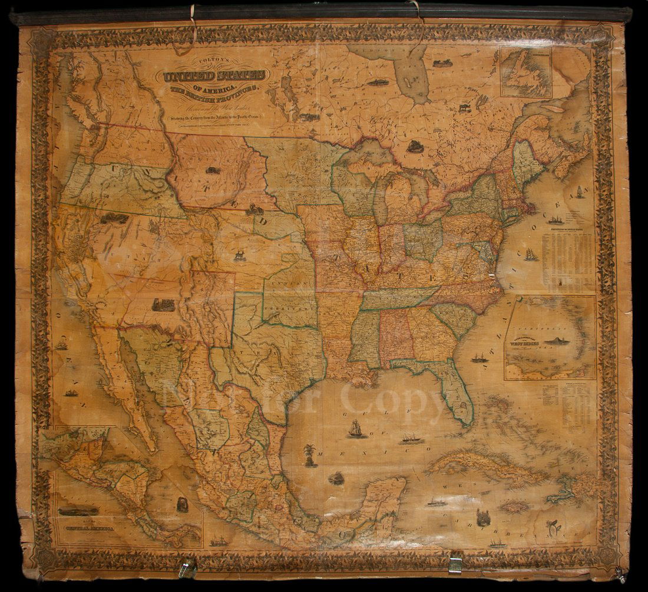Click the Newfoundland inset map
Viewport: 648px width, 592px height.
(525, 71)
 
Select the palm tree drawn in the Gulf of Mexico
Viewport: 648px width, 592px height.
(308, 455)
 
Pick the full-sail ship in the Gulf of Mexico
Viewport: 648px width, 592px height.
(355, 429)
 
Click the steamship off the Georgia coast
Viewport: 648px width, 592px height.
(478, 357)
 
